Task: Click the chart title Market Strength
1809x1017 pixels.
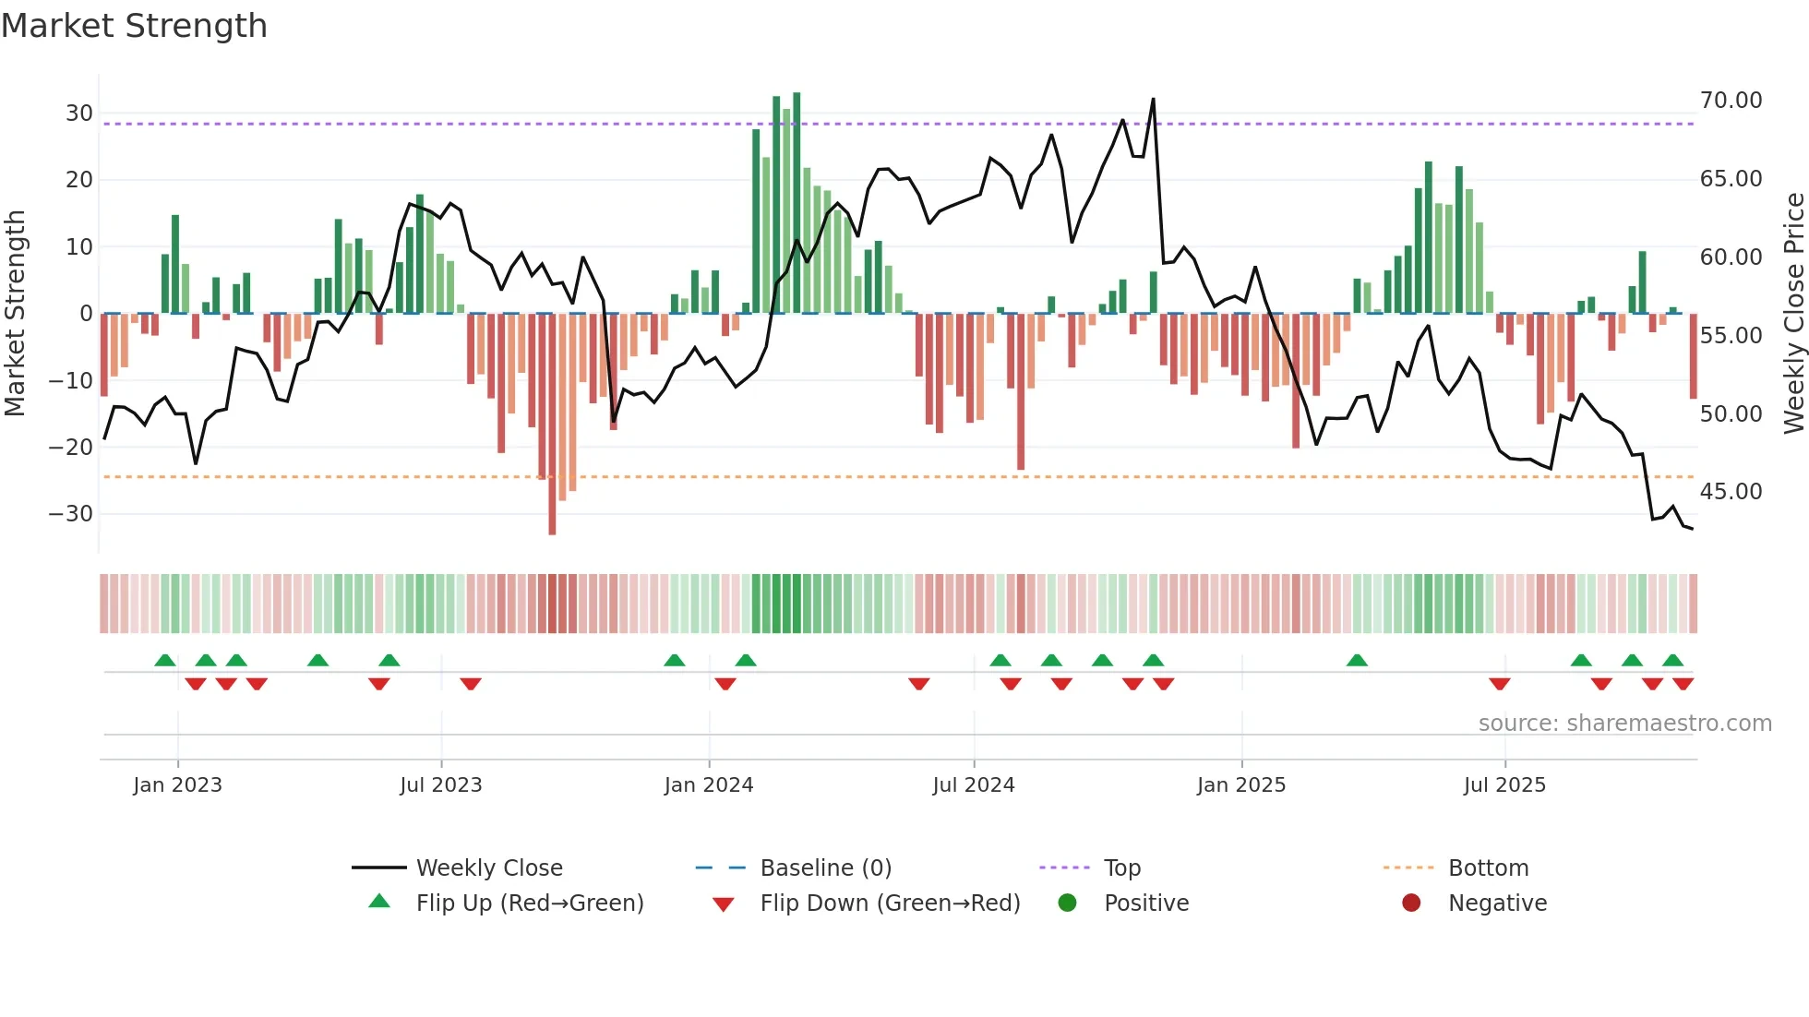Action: coord(134,26)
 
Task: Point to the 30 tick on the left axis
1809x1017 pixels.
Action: coord(79,114)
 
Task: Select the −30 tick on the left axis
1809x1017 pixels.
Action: coord(72,514)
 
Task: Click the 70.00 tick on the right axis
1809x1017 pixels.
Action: coord(1731,101)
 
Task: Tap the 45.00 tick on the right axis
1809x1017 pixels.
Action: coord(1731,492)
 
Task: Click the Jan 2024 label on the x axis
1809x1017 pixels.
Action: coord(708,785)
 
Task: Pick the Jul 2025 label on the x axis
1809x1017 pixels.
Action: coord(1504,785)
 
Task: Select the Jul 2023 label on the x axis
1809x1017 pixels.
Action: coord(440,785)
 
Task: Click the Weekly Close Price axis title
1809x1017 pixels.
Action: coord(1793,314)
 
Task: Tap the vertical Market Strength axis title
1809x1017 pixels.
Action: coord(15,314)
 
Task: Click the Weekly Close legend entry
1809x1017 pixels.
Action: coord(488,868)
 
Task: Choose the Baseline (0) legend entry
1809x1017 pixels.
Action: coord(825,868)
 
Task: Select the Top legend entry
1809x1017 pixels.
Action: coord(1121,868)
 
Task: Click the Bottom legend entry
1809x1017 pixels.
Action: coord(1488,868)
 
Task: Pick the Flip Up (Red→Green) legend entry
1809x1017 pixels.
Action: coord(529,903)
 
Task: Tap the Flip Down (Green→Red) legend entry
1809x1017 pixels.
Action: coord(890,903)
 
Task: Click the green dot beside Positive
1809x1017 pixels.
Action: coord(1067,903)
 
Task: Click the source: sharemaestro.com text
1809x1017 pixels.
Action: coord(1624,724)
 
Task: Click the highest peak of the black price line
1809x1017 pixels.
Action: coord(1153,100)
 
